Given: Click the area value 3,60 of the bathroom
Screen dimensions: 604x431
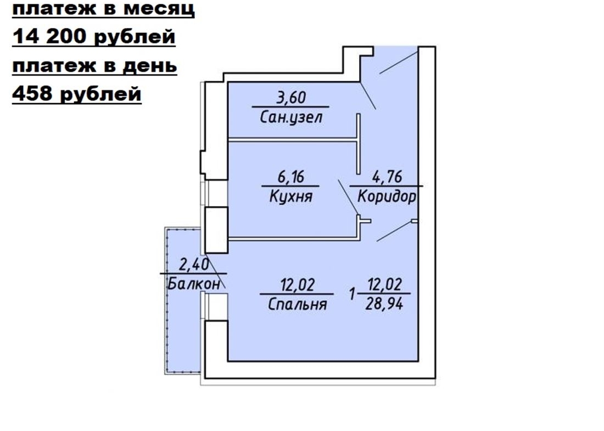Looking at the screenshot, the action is [291, 97].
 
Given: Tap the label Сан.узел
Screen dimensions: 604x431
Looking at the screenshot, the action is [291, 117].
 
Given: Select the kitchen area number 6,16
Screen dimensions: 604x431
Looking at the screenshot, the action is [291, 177].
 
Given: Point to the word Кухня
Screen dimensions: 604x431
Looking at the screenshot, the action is [291, 197].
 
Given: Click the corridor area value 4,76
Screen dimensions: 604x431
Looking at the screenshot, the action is [387, 177].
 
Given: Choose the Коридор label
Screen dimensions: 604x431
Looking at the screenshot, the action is [387, 197].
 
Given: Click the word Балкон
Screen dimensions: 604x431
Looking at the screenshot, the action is [194, 284].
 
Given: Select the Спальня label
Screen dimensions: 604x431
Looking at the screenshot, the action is [298, 304].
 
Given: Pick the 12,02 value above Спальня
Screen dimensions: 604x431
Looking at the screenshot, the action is [298, 285].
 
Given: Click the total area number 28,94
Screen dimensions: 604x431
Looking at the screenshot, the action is [384, 304].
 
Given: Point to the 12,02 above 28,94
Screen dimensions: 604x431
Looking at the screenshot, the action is [384, 284].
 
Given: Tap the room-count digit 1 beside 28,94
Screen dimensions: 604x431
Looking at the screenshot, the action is [351, 295].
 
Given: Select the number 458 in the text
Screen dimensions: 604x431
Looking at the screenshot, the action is [33, 94].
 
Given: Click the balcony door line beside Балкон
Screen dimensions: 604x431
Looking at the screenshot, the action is [215, 270].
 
